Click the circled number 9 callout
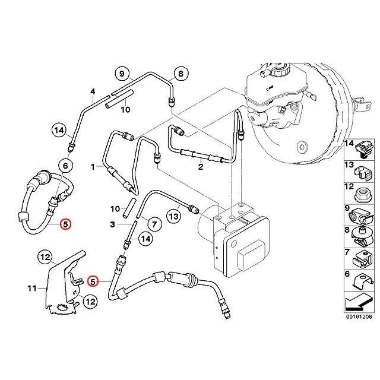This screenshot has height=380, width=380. click(122, 74)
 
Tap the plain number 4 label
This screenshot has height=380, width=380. click(93, 91)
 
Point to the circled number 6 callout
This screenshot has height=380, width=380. click(66, 167)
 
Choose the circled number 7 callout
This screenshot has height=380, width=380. click(153, 224)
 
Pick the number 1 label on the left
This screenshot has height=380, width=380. click(93, 167)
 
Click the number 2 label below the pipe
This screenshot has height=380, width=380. click(200, 168)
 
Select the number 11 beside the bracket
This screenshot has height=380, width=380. click(33, 289)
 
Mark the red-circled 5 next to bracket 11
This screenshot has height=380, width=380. click(92, 281)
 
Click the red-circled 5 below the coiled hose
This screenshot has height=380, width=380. click(66, 224)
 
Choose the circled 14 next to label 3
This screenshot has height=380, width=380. click(144, 239)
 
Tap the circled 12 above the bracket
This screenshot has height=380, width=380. click(62, 257)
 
